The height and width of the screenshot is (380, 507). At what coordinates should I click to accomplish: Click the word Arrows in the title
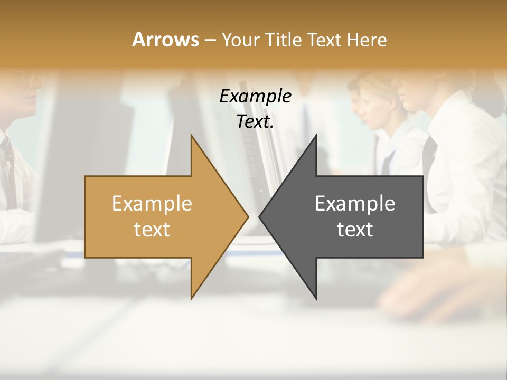coord(165,40)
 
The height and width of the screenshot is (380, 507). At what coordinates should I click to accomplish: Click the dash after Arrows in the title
coord(210,41)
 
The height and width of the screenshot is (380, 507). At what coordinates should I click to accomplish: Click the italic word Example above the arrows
coord(255,97)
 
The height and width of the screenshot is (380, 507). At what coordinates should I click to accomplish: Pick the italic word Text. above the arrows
coord(255,122)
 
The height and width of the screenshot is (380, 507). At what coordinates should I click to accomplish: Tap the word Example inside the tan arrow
coord(152,204)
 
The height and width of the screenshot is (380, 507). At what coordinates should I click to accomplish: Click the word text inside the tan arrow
coord(152,230)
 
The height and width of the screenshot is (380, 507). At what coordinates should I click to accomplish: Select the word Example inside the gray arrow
coord(355,204)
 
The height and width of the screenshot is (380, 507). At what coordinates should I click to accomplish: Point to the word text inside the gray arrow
coord(355,230)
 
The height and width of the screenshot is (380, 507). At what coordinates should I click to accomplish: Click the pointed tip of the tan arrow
coord(247,216)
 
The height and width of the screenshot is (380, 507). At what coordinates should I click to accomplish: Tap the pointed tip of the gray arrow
coord(260,216)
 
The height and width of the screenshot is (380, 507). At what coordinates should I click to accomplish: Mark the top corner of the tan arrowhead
coord(191,136)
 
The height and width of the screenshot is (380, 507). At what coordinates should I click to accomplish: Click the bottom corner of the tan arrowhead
coord(191,298)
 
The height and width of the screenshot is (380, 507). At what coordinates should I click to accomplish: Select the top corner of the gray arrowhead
coord(316,136)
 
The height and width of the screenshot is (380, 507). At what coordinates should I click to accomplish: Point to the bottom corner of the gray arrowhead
coord(316,298)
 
